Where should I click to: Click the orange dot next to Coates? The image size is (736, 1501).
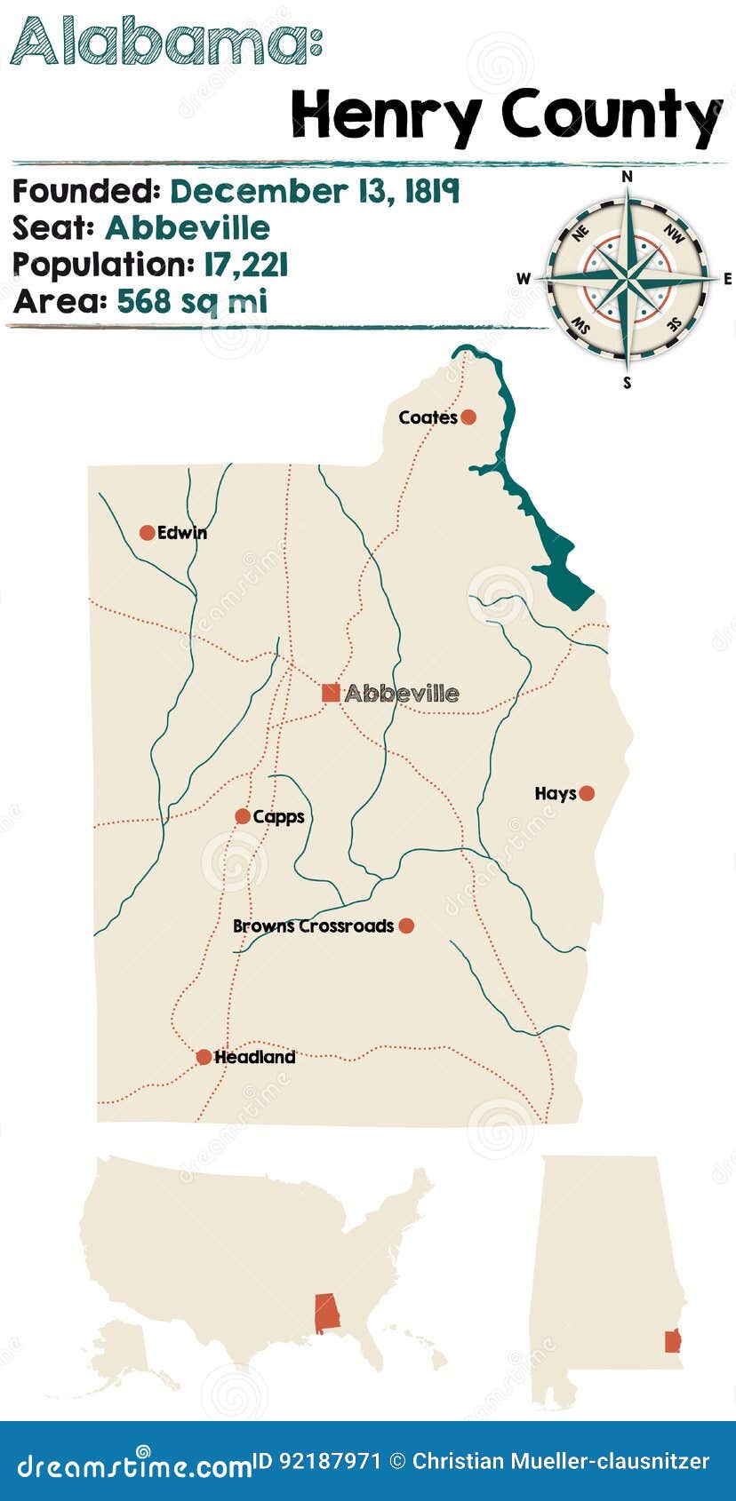[x=468, y=417]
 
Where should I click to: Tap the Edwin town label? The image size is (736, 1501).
[x=182, y=533]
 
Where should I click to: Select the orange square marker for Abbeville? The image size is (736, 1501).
[x=331, y=693]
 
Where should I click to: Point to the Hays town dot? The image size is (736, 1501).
[x=587, y=793]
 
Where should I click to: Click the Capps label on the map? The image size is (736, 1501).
[x=278, y=816]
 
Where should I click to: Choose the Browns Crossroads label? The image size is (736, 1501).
[x=313, y=925]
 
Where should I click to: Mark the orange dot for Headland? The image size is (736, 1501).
[x=204, y=1057]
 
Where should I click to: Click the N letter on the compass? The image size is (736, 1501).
[x=628, y=177]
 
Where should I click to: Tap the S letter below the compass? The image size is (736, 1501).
[x=628, y=383]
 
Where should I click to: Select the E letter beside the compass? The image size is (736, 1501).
[x=728, y=279]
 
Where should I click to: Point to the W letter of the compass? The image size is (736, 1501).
[x=523, y=279]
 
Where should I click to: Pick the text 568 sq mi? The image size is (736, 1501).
[x=192, y=301]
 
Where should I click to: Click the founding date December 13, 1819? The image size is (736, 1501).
[x=315, y=191]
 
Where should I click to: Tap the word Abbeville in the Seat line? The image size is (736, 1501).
[x=188, y=228]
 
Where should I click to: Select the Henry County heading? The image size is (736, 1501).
[x=507, y=115]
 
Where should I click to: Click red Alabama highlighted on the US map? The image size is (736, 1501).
[x=327, y=1313]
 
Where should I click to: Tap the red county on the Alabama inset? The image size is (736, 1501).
[x=673, y=1340]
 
